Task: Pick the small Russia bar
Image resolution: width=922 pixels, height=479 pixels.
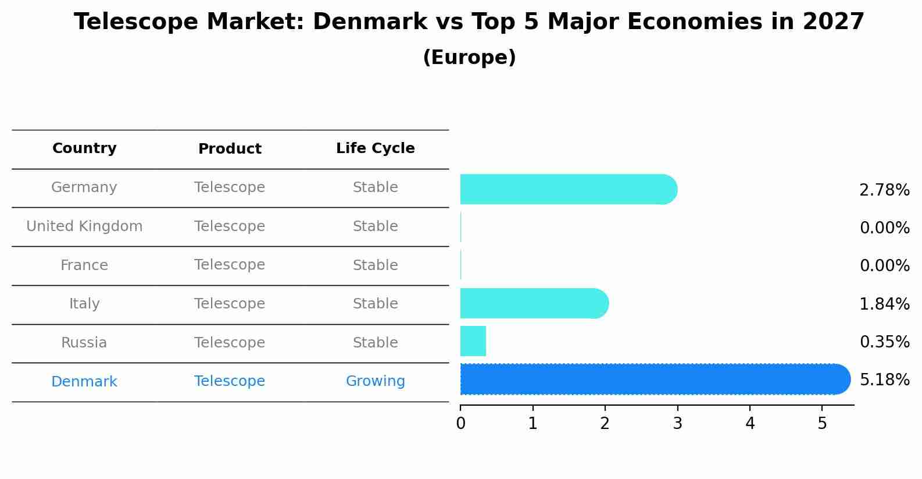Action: point(473,341)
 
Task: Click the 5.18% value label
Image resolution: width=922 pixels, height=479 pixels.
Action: point(884,380)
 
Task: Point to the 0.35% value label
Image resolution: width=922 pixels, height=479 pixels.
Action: point(884,342)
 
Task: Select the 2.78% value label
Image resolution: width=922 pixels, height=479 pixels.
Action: point(884,190)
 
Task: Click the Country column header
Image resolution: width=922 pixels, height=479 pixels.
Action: point(84,148)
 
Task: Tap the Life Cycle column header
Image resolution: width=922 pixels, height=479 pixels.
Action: point(375,148)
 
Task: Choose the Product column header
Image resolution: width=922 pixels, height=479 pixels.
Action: point(230,149)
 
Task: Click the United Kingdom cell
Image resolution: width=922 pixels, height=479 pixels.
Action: point(84,226)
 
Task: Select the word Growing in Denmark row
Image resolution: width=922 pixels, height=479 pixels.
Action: point(375,381)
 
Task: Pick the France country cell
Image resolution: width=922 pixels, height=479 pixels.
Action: point(84,265)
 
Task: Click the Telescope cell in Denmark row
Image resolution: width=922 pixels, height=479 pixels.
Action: point(230,381)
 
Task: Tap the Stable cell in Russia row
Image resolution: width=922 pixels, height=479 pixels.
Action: point(375,343)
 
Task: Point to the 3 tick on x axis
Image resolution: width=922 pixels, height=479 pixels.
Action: point(677,424)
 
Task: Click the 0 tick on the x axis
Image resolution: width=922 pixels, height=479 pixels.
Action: point(460,424)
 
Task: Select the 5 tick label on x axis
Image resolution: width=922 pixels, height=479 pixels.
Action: point(822,424)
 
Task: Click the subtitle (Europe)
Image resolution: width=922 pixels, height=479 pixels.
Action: point(469,58)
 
